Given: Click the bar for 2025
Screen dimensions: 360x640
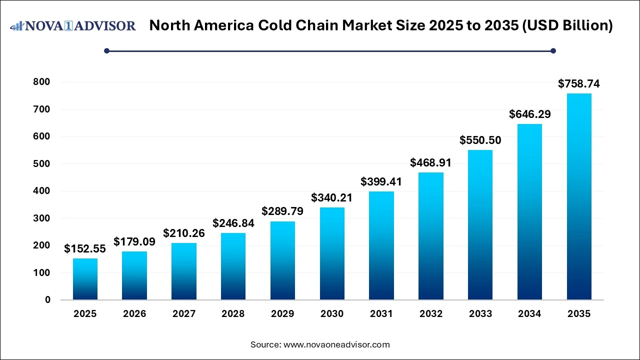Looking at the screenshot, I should click(85, 279).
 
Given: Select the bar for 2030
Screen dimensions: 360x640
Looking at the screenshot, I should click(332, 253).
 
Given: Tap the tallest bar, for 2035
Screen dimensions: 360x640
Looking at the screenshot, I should click(579, 196).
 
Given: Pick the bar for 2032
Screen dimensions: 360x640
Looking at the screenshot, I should click(430, 236).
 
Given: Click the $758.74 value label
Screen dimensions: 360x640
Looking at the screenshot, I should click(579, 84).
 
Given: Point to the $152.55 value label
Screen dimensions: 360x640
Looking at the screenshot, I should click(85, 249).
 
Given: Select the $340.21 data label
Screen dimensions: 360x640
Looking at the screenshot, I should click(332, 198).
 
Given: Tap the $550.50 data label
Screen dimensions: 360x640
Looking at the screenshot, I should click(480, 141).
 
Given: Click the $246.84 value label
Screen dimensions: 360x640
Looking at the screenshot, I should click(233, 223).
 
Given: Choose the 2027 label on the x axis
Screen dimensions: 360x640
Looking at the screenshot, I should click(184, 314).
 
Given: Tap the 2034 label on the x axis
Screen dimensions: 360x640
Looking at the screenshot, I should click(529, 314).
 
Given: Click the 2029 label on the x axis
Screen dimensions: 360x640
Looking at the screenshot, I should click(282, 314).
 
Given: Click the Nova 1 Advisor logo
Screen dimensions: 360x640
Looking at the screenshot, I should click(73, 26).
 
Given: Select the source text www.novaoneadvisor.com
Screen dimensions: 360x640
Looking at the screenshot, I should click(336, 344).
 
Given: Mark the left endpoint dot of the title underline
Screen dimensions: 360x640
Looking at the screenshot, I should click(106, 50).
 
